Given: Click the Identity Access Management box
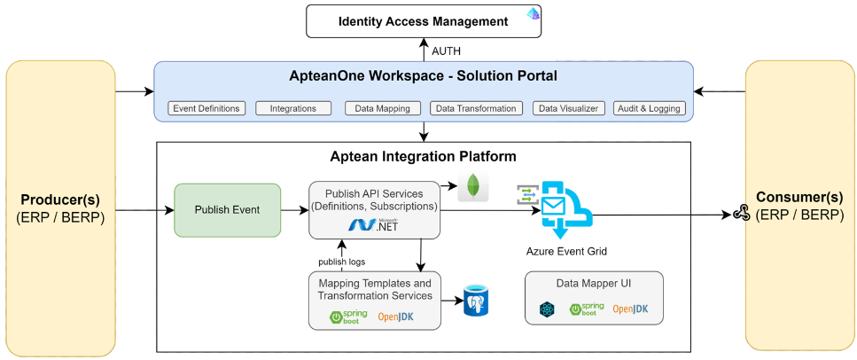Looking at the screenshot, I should (x=424, y=20).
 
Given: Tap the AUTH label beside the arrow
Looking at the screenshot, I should (x=446, y=51).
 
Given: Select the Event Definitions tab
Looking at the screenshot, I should (x=206, y=108).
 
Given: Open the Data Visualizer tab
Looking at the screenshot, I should (x=567, y=108).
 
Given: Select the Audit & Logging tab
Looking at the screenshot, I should (x=649, y=108).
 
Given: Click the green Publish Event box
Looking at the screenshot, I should (x=227, y=210).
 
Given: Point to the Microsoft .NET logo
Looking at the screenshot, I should (x=374, y=226).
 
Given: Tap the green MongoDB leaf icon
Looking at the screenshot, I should (x=473, y=187).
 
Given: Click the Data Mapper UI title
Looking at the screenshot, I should (x=592, y=283).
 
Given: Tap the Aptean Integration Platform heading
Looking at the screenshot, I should (x=423, y=157).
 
